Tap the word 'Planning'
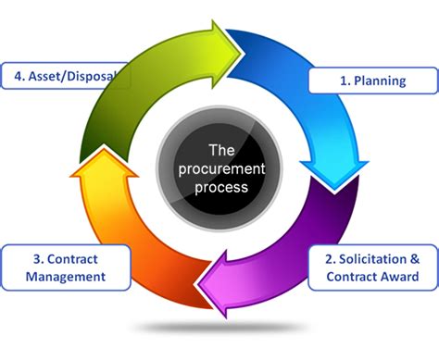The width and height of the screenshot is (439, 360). coord(380,81)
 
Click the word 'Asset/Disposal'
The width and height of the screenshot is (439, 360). coord(72,76)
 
